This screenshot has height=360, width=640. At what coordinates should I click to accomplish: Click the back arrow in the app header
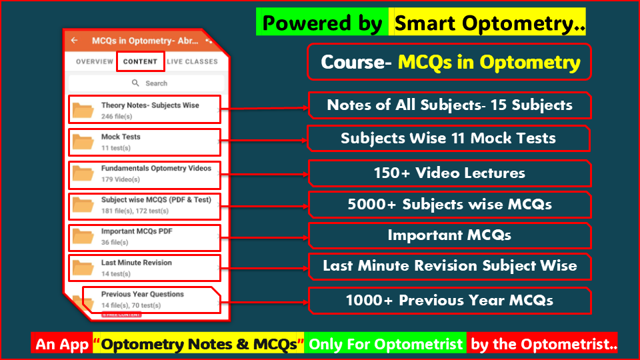click(x=74, y=41)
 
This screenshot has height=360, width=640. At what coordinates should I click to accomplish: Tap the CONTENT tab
click(x=140, y=61)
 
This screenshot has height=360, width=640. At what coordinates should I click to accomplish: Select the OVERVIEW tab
click(x=94, y=61)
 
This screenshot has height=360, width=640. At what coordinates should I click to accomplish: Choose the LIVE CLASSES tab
click(x=192, y=61)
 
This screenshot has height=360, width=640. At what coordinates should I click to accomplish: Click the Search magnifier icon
click(x=135, y=83)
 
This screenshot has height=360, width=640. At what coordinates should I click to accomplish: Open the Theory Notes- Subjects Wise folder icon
click(x=83, y=110)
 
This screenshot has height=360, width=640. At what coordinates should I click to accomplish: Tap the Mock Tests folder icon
click(x=83, y=141)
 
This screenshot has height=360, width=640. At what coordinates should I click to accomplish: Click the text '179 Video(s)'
click(x=120, y=179)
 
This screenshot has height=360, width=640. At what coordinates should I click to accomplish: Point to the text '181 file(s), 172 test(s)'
click(x=135, y=211)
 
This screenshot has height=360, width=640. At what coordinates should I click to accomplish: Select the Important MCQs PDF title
click(x=131, y=231)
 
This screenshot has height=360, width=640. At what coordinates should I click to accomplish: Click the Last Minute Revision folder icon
click(x=83, y=267)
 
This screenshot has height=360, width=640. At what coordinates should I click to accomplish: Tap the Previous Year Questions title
click(x=142, y=294)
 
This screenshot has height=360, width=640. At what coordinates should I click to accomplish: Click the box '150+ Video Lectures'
click(x=449, y=173)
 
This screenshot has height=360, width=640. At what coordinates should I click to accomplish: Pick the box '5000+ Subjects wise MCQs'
click(x=449, y=205)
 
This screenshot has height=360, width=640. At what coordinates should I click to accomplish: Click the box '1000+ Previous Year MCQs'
click(x=449, y=301)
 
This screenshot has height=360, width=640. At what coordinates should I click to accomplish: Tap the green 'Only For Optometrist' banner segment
click(x=385, y=345)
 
